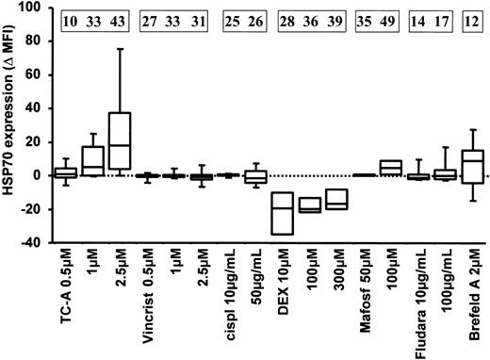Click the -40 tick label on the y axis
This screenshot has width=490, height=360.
coord(33,242)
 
